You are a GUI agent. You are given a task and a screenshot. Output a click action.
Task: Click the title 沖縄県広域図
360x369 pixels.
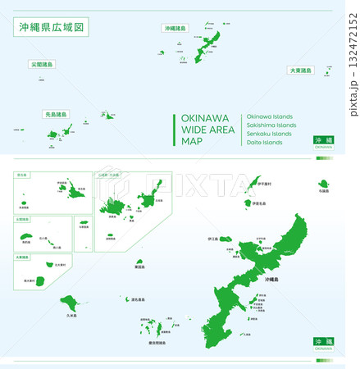click(48, 28)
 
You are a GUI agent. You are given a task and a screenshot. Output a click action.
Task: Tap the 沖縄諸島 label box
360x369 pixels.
click(175, 28)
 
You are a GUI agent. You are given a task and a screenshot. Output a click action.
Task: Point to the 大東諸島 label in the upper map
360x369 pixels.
click(299, 71)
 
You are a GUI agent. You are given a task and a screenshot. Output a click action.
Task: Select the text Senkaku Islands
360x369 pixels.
click(268, 134)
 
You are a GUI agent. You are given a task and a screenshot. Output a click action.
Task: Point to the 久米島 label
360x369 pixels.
click(71, 316)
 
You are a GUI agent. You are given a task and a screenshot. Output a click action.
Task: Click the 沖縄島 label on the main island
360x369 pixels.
click(272, 280)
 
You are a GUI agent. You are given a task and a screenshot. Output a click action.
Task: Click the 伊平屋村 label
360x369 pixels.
click(262, 184)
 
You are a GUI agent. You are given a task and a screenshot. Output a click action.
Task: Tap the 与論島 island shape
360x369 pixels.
click(323, 184)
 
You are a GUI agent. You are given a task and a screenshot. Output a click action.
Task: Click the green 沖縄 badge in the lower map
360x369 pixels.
click(323, 340)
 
